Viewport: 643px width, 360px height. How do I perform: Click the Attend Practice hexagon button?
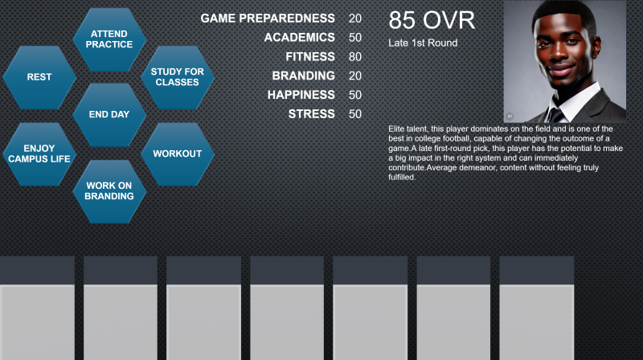(109, 39)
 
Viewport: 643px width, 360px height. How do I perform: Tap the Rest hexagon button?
(39, 77)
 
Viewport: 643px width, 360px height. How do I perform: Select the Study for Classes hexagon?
(177, 77)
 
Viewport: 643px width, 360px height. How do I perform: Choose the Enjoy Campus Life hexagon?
(39, 153)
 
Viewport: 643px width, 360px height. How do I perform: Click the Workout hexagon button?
(177, 153)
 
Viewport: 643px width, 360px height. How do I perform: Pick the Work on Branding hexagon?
(109, 191)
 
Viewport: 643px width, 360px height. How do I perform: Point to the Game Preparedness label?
(268, 18)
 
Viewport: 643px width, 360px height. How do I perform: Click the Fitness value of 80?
(355, 56)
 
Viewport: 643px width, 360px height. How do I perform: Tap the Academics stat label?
(299, 37)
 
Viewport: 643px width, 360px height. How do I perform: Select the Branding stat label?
(304, 76)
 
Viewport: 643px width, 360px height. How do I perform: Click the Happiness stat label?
(301, 95)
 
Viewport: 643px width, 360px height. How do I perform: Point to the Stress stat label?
(311, 114)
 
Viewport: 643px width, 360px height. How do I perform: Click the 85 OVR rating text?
(432, 19)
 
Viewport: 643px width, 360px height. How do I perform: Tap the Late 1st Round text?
(423, 43)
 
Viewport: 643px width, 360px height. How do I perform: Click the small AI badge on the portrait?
(510, 116)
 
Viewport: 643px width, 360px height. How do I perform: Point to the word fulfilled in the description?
(402, 177)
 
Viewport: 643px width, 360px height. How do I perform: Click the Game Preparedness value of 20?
(355, 18)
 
